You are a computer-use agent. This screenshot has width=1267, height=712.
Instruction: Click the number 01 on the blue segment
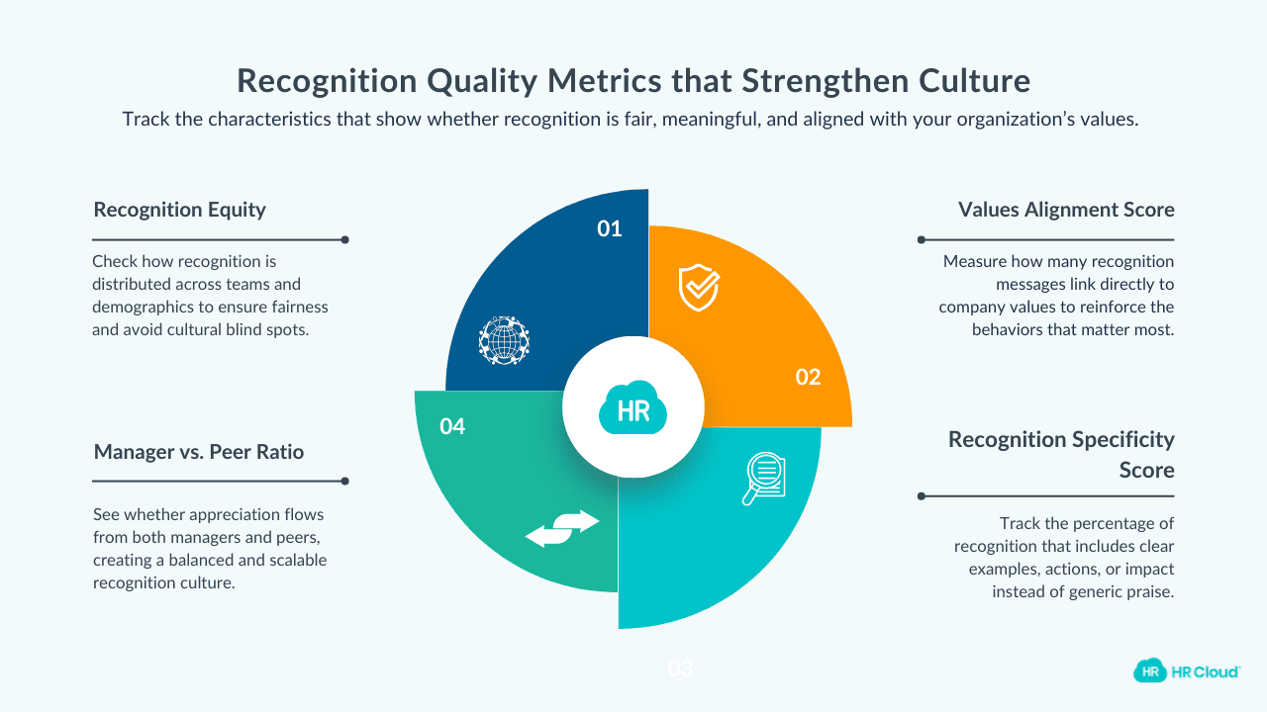coord(609,229)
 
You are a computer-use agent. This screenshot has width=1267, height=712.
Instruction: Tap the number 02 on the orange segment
coord(808,377)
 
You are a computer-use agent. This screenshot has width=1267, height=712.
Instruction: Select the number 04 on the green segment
coord(452,427)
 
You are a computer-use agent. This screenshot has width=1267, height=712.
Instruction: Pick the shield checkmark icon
coord(698,287)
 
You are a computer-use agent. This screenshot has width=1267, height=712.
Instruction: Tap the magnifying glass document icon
coord(764,478)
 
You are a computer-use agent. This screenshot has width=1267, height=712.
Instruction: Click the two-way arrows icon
coord(562,528)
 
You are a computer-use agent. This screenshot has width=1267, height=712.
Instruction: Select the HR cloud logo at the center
coord(633,408)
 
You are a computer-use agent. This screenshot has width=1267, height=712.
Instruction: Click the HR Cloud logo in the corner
coord(1186,670)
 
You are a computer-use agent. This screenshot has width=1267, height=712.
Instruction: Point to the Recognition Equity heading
coord(179,210)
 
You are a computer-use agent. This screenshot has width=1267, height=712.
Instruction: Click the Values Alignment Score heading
coord(1066,210)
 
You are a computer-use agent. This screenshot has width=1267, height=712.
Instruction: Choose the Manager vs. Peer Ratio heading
coord(198,452)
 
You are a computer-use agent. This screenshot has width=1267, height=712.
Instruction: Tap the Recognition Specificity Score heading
coord(1061,453)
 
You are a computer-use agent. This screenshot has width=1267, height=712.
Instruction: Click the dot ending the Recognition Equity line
coord(344,239)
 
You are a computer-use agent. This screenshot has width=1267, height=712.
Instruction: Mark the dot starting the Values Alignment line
coord(922,239)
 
